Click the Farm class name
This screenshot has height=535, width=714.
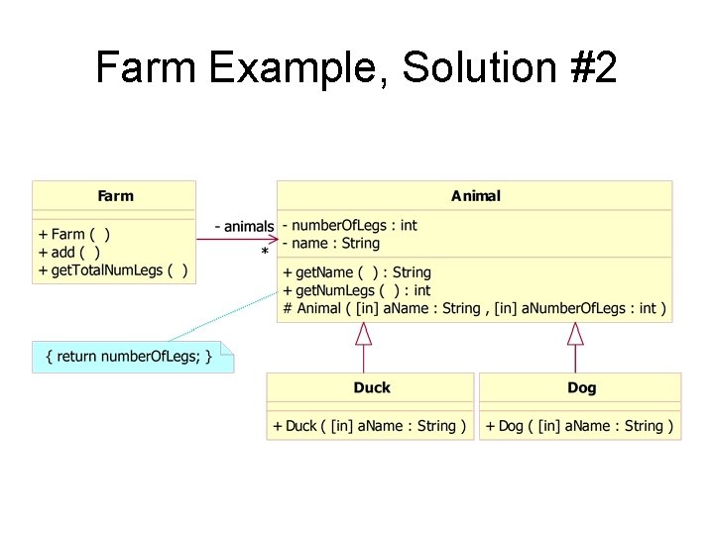tap(115, 196)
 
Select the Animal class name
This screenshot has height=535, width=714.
tap(475, 196)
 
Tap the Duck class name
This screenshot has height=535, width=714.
tap(372, 387)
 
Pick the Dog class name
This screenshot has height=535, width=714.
tap(581, 387)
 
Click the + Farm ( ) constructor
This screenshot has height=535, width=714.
tap(74, 235)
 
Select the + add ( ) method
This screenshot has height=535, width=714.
tap(68, 252)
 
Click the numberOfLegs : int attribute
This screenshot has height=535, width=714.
tap(350, 225)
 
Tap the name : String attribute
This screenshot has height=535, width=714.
tap(331, 243)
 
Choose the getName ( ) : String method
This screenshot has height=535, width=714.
tap(357, 272)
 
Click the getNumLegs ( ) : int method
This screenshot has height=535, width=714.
tap(357, 290)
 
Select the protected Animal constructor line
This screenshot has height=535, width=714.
tap(474, 308)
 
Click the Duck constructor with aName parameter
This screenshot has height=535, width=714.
tap(369, 426)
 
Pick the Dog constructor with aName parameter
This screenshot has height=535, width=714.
tap(580, 426)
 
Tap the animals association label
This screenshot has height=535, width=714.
tap(244, 227)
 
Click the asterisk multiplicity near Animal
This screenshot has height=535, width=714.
tap(265, 254)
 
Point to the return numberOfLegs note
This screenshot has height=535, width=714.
tap(133, 357)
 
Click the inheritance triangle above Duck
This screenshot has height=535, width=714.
tap(364, 334)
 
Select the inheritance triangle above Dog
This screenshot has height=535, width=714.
tap(575, 334)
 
